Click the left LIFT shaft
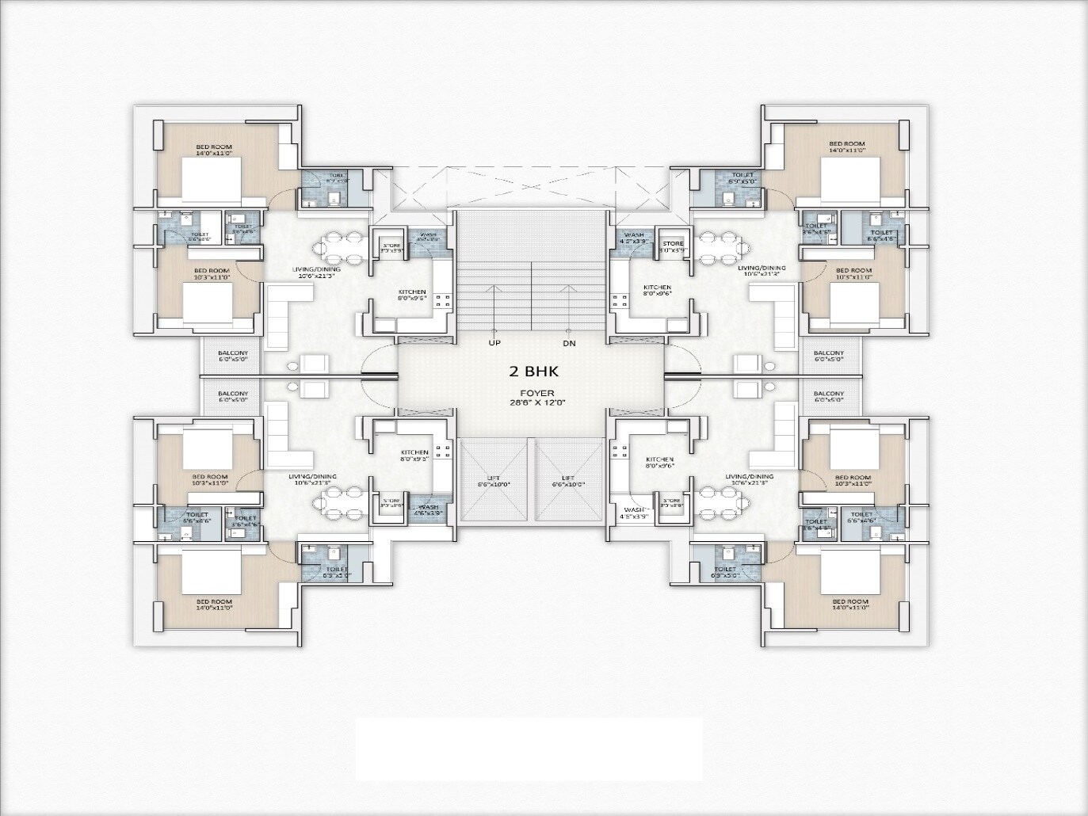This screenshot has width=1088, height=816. (x=493, y=480)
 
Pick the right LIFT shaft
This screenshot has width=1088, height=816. (x=567, y=480)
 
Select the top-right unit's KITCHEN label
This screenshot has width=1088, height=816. (x=657, y=290)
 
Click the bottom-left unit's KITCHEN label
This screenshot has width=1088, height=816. (x=414, y=456)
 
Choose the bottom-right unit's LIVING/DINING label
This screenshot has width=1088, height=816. (x=750, y=479)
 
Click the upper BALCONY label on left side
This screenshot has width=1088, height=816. (x=233, y=356)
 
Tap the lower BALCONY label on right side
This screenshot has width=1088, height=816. (x=828, y=396)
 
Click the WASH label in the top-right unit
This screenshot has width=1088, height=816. (x=633, y=237)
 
